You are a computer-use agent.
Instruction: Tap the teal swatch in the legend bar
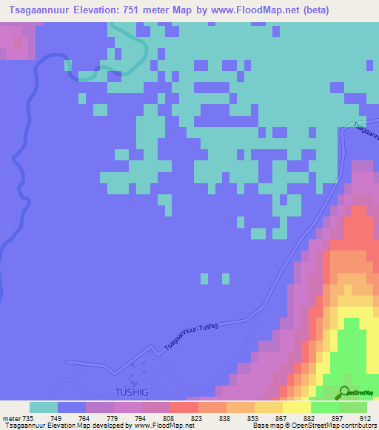(44, 407)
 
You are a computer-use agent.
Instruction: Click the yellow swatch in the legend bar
(296, 407)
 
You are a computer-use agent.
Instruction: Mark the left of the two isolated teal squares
(206, 279)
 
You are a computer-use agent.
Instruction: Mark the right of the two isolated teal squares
(224, 279)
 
